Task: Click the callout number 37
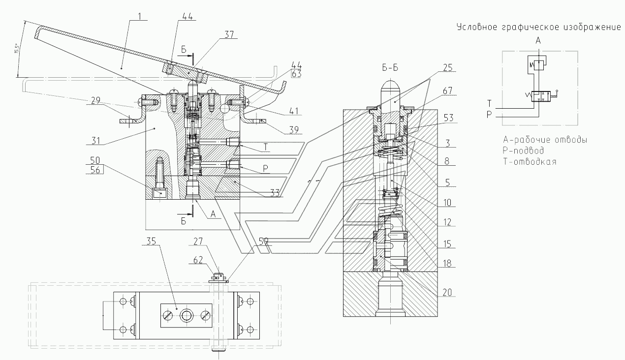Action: click(229, 34)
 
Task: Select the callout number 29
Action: click(95, 100)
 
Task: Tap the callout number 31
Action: click(95, 141)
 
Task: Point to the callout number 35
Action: click(151, 241)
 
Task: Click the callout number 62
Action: click(198, 260)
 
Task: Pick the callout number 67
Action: click(447, 90)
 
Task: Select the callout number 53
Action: click(448, 118)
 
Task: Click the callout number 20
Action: click(447, 292)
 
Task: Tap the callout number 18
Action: click(447, 263)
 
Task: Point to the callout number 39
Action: click(294, 130)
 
